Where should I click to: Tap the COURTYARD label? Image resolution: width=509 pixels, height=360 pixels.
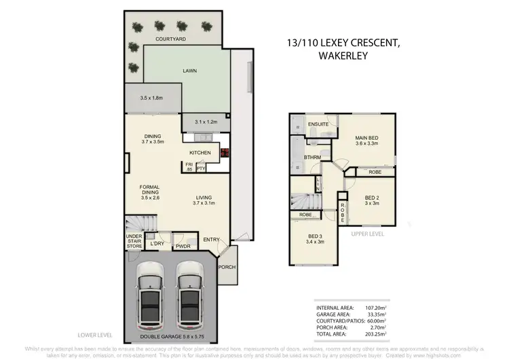(170, 40)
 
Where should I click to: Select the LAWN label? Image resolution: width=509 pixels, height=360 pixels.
(189, 69)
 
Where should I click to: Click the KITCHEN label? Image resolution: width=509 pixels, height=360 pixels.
(201, 153)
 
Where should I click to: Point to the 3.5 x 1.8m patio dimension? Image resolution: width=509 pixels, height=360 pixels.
(152, 98)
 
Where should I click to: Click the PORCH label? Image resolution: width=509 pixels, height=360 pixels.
(227, 267)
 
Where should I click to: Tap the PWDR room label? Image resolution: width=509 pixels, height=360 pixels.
(182, 247)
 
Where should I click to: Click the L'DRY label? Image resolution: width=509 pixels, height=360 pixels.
(157, 243)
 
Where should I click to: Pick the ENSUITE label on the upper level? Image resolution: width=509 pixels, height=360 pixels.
(318, 125)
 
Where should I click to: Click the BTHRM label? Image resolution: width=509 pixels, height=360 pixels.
(312, 158)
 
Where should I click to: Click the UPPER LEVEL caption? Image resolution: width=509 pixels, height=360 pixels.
(369, 233)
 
